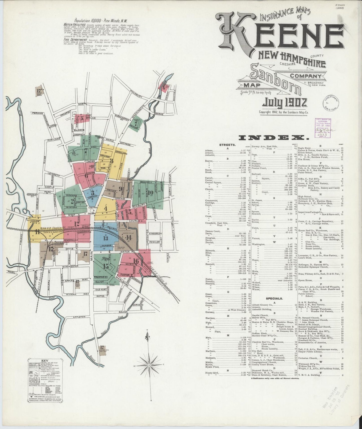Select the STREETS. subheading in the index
(x=227, y=145)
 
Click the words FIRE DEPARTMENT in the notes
(x=75, y=40)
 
